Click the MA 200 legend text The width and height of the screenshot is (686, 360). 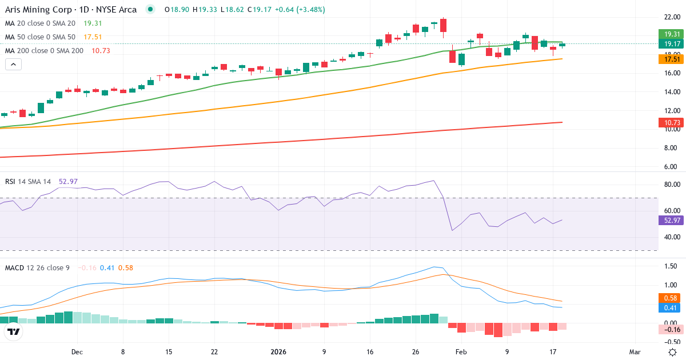click(x=45, y=51)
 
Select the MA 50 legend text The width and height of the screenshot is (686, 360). click(x=40, y=37)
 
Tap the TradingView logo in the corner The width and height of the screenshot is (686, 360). click(x=14, y=331)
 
